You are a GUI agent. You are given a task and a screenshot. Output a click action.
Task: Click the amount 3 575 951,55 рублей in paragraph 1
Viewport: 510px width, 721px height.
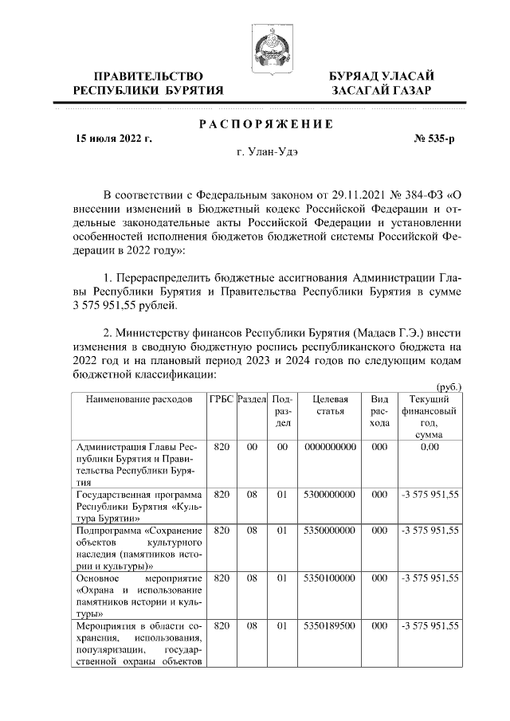(125, 305)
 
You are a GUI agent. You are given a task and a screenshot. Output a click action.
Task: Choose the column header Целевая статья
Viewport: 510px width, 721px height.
(330, 405)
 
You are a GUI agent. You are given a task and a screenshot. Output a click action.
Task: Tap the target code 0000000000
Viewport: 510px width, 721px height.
(330, 448)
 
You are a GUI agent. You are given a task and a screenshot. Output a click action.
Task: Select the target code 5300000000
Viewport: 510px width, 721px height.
(330, 494)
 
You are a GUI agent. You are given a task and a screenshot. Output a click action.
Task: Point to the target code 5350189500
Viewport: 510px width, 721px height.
(330, 628)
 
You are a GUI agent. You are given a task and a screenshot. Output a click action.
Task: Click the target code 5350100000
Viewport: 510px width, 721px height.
(330, 577)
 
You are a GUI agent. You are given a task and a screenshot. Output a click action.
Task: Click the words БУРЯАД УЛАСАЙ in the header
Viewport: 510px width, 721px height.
(382, 76)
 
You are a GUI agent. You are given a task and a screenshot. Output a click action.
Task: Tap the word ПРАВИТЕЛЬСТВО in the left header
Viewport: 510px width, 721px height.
(147, 76)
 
